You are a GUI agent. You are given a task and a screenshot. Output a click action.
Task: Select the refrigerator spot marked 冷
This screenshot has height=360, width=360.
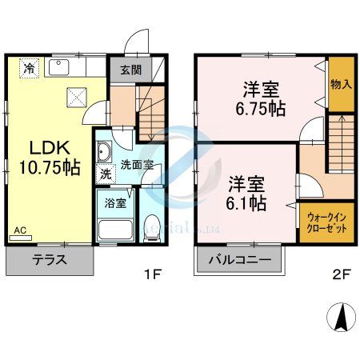click(29, 68)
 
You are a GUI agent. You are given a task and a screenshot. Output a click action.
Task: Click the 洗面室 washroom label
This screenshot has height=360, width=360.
click(134, 165)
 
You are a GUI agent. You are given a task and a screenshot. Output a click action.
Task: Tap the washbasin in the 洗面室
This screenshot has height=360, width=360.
click(105, 151)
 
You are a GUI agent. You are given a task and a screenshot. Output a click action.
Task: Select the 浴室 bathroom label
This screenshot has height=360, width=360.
click(116, 203)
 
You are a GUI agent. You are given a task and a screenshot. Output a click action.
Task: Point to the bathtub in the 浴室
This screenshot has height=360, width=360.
click(115, 230)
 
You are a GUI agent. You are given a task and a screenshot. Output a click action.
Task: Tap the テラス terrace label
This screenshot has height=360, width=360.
click(49, 260)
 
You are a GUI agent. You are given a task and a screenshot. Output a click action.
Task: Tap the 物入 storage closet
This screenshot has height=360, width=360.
click(341, 84)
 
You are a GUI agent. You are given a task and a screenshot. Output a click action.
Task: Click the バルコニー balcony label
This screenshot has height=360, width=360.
click(239, 260)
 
